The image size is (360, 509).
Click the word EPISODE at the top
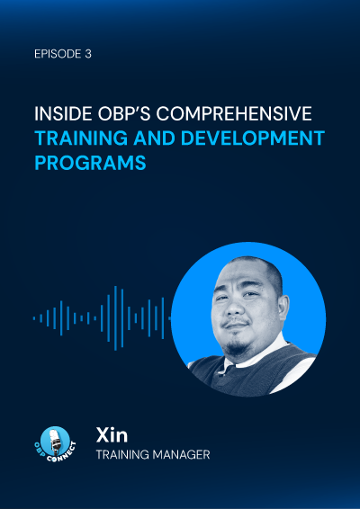pyautogui.click(x=58, y=54)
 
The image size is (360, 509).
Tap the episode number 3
pyautogui.click(x=88, y=54)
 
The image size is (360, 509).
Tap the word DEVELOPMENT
pyautogui.click(x=253, y=138)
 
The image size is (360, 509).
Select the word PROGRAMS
pyautogui.click(x=90, y=163)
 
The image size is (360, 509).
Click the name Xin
pyautogui.click(x=112, y=435)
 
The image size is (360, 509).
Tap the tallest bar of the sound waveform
pyautogui.click(x=115, y=318)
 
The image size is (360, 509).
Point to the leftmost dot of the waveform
pyautogui.click(x=34, y=318)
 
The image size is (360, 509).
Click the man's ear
pyautogui.click(x=282, y=309)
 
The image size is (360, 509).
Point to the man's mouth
pyautogui.click(x=236, y=326)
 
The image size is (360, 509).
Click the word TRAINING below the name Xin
pyautogui.click(x=121, y=455)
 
